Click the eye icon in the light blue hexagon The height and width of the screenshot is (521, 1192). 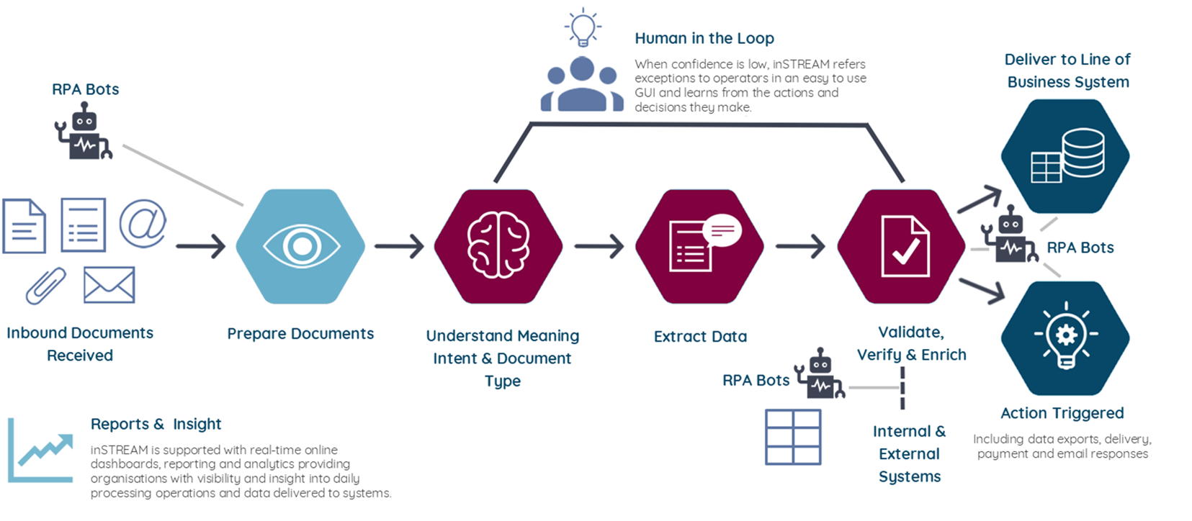(301, 246)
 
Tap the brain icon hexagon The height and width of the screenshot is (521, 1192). (498, 246)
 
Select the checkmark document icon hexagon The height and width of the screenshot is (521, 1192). (902, 246)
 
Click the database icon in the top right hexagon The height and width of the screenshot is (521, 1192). (1066, 156)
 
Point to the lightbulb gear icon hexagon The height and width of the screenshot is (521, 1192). (1066, 337)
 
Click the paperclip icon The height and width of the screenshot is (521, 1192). (46, 285)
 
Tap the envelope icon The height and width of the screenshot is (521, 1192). (109, 285)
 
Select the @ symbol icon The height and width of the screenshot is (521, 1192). (143, 224)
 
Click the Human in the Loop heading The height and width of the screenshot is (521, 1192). (704, 38)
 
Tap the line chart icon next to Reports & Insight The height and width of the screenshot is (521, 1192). (41, 451)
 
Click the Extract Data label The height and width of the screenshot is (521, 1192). (700, 336)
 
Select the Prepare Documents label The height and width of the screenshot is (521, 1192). (300, 333)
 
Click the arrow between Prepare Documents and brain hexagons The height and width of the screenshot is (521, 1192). (400, 246)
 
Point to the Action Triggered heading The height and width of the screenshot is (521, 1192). (1062, 413)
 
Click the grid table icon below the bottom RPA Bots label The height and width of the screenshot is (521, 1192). (793, 437)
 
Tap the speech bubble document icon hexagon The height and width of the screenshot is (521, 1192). (700, 246)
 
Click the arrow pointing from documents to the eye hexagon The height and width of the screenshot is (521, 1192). (201, 246)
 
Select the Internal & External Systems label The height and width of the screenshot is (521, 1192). (909, 453)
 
